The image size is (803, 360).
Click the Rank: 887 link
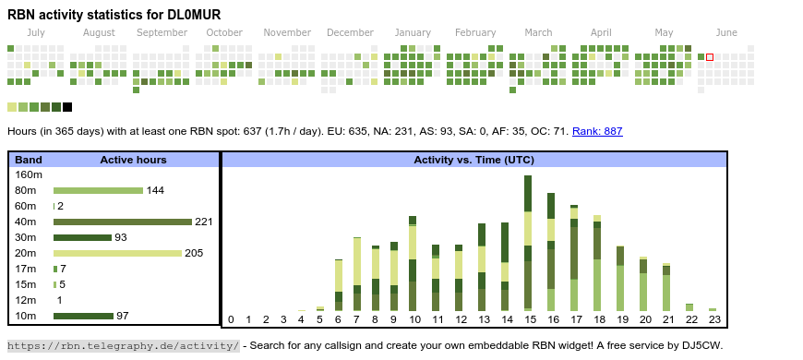tap(597, 131)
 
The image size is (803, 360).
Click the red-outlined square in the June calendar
tap(709, 57)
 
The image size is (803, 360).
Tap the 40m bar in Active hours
tap(123, 222)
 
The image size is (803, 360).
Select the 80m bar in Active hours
tap(98, 190)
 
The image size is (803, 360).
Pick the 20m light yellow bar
tap(117, 253)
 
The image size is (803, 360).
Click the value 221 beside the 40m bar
tap(203, 222)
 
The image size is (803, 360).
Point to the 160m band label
tap(29, 174)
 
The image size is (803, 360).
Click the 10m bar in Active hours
tap(83, 316)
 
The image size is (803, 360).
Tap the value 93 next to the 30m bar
tap(120, 237)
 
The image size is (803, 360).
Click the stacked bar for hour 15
tap(528, 244)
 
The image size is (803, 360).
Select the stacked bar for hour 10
tap(413, 263)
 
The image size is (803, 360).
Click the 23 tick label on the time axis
tap(714, 319)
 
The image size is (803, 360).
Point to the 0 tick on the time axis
tap(231, 319)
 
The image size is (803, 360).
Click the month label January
tap(413, 32)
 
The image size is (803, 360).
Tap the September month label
tap(162, 32)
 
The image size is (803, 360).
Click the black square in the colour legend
tap(67, 107)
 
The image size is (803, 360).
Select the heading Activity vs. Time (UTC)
tap(473, 160)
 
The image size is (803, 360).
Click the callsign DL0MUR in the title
tap(194, 15)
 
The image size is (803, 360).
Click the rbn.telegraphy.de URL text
tap(124, 345)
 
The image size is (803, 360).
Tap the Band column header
tap(29, 160)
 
